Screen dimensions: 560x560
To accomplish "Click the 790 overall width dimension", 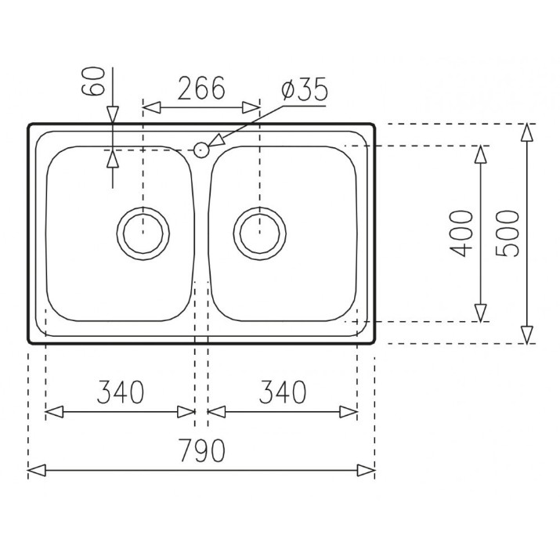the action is click(x=202, y=450).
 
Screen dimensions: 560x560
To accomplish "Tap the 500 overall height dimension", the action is click(x=508, y=233).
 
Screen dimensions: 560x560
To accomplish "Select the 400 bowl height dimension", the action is click(x=461, y=233).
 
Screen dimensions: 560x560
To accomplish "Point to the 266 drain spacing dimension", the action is click(x=201, y=88).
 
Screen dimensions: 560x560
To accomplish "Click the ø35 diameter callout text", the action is click(x=305, y=89).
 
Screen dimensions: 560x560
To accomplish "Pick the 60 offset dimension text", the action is click(x=93, y=81).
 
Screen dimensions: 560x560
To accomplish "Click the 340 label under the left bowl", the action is click(x=121, y=392).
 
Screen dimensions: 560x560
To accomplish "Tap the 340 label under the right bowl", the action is click(x=283, y=392).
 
